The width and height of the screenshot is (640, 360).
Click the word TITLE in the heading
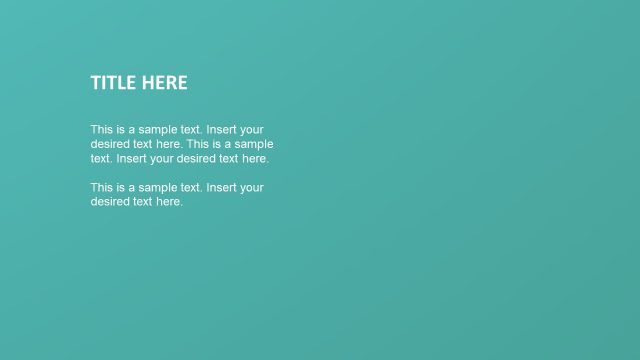[113, 83]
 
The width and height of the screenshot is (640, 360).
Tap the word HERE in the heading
[164, 83]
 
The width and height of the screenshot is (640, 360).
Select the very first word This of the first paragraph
[102, 130]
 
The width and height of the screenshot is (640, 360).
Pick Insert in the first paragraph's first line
[222, 130]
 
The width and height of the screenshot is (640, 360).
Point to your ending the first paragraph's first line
[253, 130]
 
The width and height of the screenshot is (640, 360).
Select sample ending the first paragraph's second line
[254, 144]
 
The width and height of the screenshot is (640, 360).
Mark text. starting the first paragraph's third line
[102, 158]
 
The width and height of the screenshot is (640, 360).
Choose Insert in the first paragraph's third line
[133, 158]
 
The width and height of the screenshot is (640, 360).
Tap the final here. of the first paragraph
[255, 158]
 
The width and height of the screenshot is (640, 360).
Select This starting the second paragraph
[102, 187]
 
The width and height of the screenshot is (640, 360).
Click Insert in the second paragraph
[222, 187]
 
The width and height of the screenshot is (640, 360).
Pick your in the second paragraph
[253, 187]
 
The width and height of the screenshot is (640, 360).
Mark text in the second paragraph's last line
[144, 201]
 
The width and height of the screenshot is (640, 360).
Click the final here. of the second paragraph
[170, 201]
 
